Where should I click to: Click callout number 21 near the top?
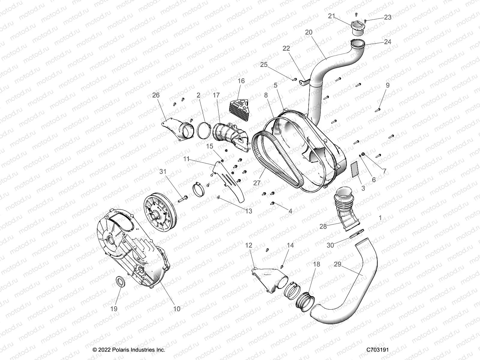[331, 16]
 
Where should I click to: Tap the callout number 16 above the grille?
[241, 81]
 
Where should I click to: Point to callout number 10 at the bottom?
[177, 309]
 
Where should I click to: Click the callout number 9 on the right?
[388, 85]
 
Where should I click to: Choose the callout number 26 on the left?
[156, 95]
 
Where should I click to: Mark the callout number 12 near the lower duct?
[249, 245]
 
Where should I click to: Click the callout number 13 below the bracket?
[248, 211]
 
